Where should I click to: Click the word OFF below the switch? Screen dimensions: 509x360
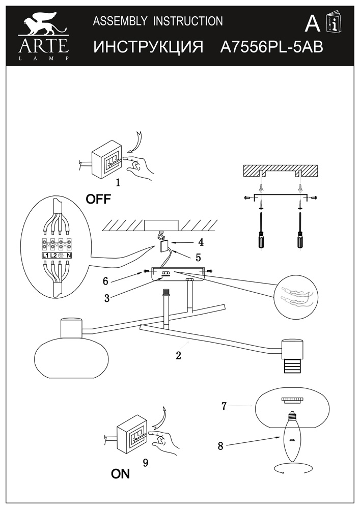point(98,199)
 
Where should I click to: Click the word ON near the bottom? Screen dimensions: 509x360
point(120,474)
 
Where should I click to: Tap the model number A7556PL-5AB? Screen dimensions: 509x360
point(271,47)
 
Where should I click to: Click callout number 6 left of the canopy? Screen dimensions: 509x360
point(105,280)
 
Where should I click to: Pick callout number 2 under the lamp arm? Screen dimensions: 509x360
point(178,356)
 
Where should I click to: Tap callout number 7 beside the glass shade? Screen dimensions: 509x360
point(224,406)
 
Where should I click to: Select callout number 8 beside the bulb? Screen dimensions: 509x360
point(220,446)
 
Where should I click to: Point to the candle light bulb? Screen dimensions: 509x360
point(292,437)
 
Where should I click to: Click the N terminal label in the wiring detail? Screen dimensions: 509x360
point(68,254)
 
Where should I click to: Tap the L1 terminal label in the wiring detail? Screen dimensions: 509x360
point(45,254)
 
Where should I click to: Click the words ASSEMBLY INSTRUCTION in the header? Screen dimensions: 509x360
point(158,21)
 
